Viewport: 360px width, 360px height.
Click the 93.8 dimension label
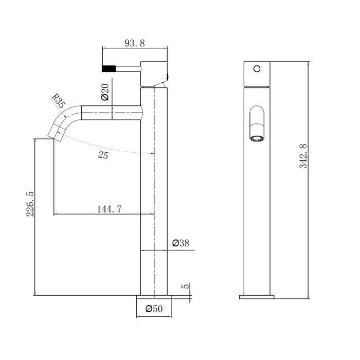pos(135,43)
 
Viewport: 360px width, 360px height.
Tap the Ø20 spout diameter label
pos(105,92)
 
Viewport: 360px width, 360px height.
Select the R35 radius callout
pos(58,100)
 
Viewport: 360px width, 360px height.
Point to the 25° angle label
pos(104,155)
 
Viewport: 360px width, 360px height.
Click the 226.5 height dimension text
pos(30,204)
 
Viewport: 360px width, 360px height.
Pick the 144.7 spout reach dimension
pos(109,209)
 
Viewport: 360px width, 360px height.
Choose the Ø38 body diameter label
pos(181,243)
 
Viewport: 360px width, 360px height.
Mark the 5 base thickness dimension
pos(185,286)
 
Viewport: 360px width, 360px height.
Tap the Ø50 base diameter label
pos(154,309)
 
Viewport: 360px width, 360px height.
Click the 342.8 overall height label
pos(303,156)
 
